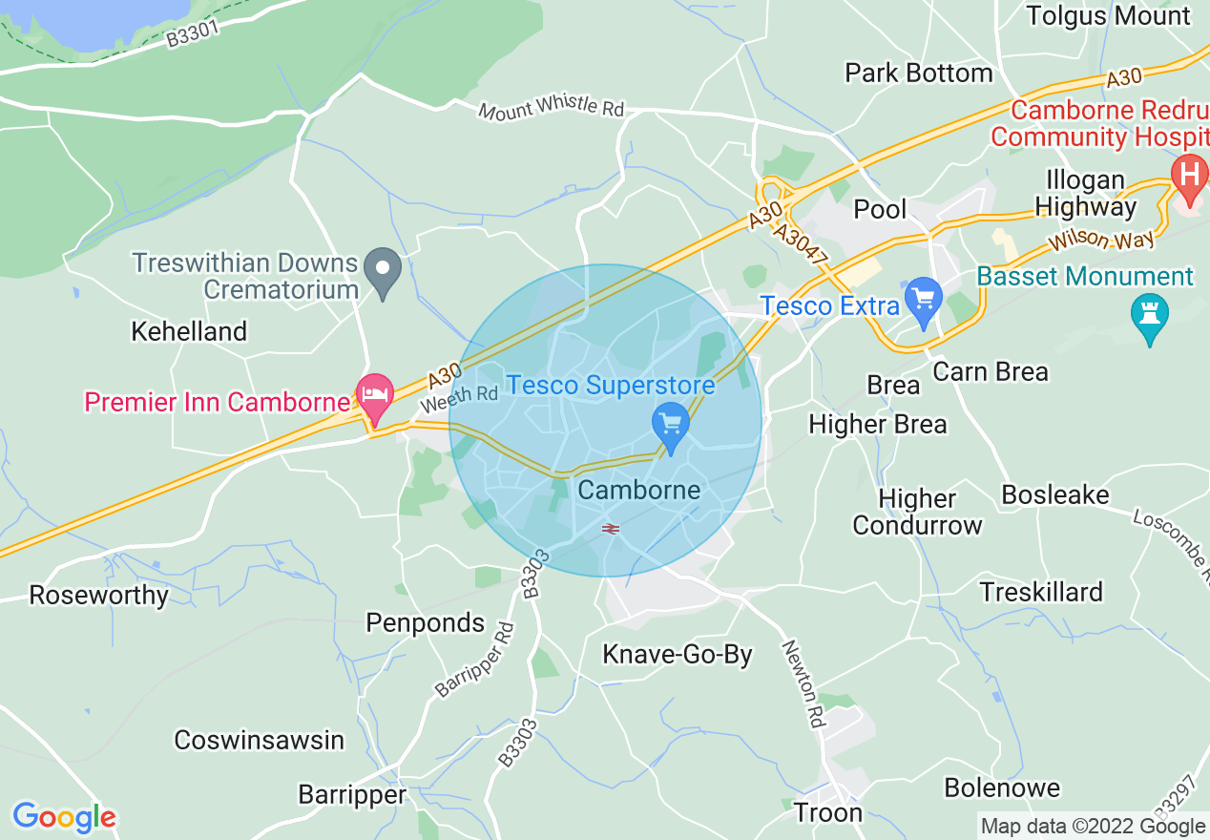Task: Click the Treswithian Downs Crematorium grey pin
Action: pyautogui.click(x=384, y=271)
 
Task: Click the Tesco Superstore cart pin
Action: pyautogui.click(x=671, y=426)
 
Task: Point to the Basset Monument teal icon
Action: pyautogui.click(x=1149, y=317)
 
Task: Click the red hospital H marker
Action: pyautogui.click(x=1189, y=178)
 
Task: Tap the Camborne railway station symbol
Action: pyautogui.click(x=611, y=528)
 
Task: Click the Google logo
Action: pyautogui.click(x=64, y=817)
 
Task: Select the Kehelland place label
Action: pyautogui.click(x=189, y=331)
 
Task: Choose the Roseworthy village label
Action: pyautogui.click(x=99, y=596)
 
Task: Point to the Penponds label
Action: pyautogui.click(x=426, y=623)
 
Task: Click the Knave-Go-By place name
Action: pyautogui.click(x=678, y=655)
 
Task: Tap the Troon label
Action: pyautogui.click(x=828, y=812)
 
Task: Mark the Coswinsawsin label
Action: pyautogui.click(x=259, y=740)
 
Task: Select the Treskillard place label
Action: pyautogui.click(x=1041, y=592)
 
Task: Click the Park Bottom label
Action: pyautogui.click(x=919, y=73)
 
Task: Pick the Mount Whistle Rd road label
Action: pyautogui.click(x=552, y=108)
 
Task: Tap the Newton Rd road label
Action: pyautogui.click(x=803, y=683)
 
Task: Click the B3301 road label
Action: pyautogui.click(x=193, y=35)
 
